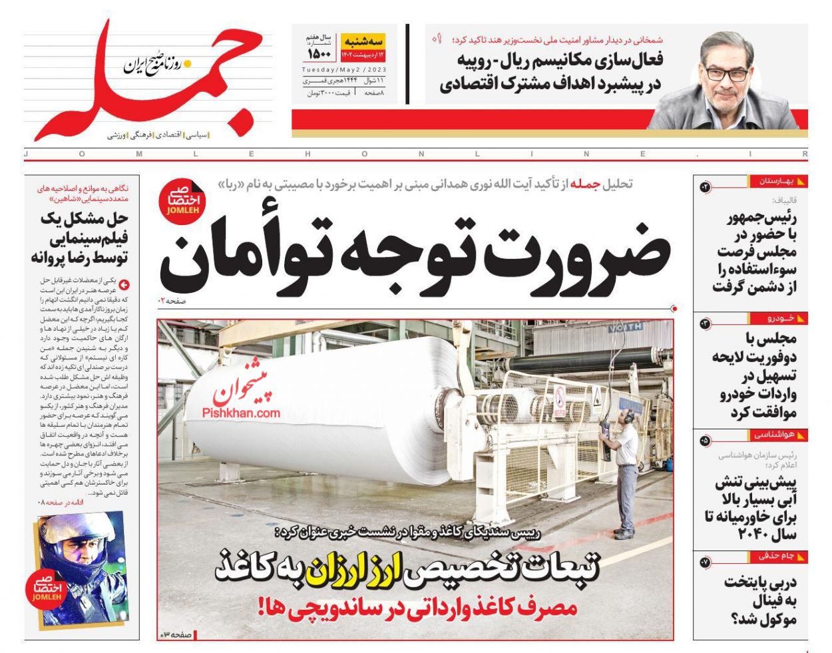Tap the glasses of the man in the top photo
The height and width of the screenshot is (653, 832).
tap(728, 73)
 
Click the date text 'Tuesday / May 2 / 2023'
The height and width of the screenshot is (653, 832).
tap(343, 70)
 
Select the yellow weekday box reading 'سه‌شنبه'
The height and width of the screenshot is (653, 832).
tap(363, 41)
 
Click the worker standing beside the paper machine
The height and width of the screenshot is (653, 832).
tap(624, 473)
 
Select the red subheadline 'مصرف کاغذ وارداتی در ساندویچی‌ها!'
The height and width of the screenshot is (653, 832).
tap(417, 607)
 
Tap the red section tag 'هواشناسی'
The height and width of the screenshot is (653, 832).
tap(775, 435)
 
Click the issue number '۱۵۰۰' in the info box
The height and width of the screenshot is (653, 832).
tap(319, 53)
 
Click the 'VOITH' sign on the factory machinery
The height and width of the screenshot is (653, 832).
tap(625, 327)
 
